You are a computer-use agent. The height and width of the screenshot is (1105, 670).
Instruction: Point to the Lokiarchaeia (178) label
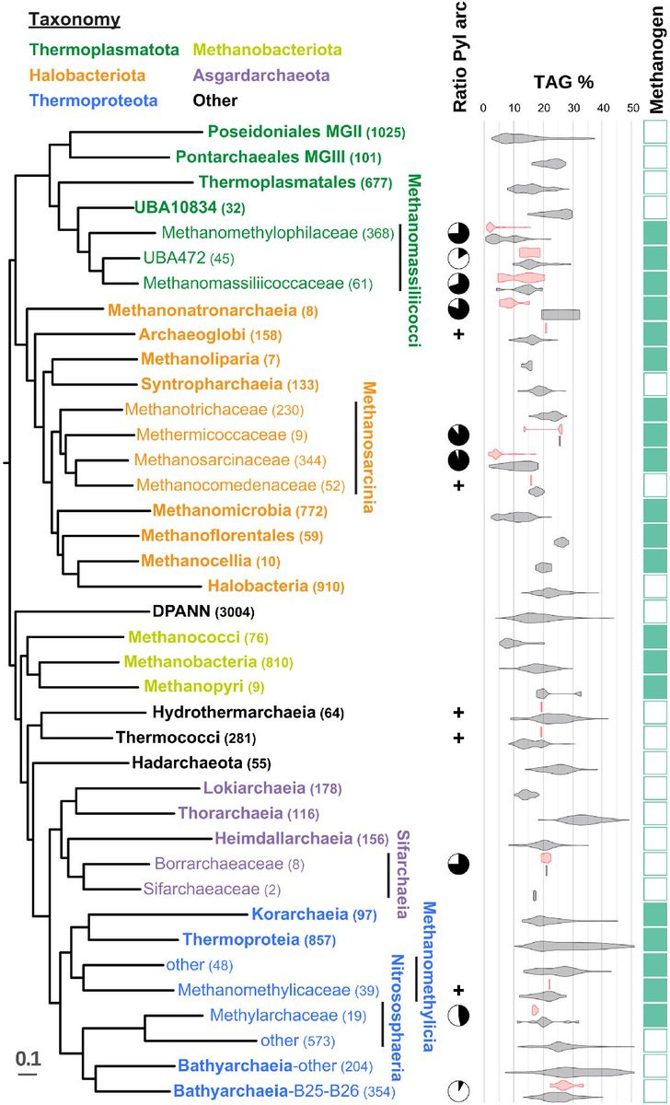(x=263, y=788)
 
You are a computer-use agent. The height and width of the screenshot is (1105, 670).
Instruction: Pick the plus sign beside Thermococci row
(x=457, y=739)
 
